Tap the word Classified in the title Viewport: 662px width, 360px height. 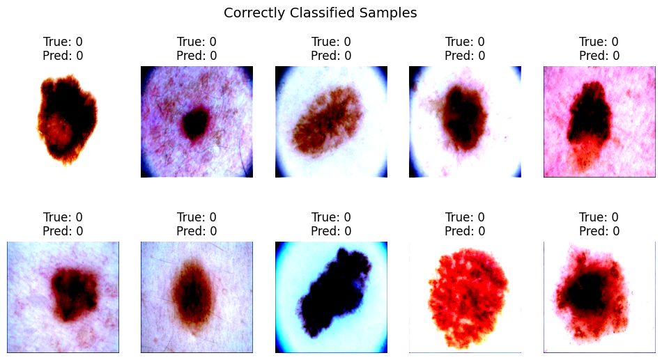click(323, 13)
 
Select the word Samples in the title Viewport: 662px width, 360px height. click(388, 13)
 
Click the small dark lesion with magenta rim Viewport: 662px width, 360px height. click(196, 123)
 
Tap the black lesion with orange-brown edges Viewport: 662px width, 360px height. click(68, 118)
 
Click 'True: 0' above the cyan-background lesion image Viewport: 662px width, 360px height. click(331, 217)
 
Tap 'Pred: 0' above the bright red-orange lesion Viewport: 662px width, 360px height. click(465, 231)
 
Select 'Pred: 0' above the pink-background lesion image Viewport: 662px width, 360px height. click(599, 56)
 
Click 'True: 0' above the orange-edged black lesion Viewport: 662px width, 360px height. click(63, 42)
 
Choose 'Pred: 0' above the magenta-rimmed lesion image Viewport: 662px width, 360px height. click(197, 56)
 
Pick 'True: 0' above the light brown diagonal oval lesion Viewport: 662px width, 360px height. click(331, 42)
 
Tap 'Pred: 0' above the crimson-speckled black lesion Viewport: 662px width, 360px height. click(599, 231)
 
